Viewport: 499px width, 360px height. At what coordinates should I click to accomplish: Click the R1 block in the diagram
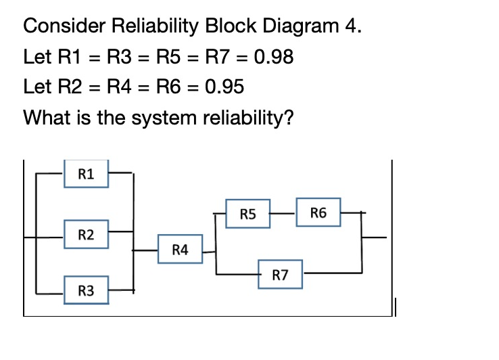click(x=87, y=174)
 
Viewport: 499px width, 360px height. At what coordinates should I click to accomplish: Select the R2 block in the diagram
click(x=87, y=234)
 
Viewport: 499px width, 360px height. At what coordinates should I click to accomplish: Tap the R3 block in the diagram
click(x=87, y=291)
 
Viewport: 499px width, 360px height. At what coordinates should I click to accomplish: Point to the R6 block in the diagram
click(x=318, y=214)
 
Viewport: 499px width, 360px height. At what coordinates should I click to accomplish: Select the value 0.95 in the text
click(x=222, y=87)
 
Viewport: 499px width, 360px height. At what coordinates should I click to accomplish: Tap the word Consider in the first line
click(x=61, y=27)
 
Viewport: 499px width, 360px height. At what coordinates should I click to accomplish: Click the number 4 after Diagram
click(x=352, y=27)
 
